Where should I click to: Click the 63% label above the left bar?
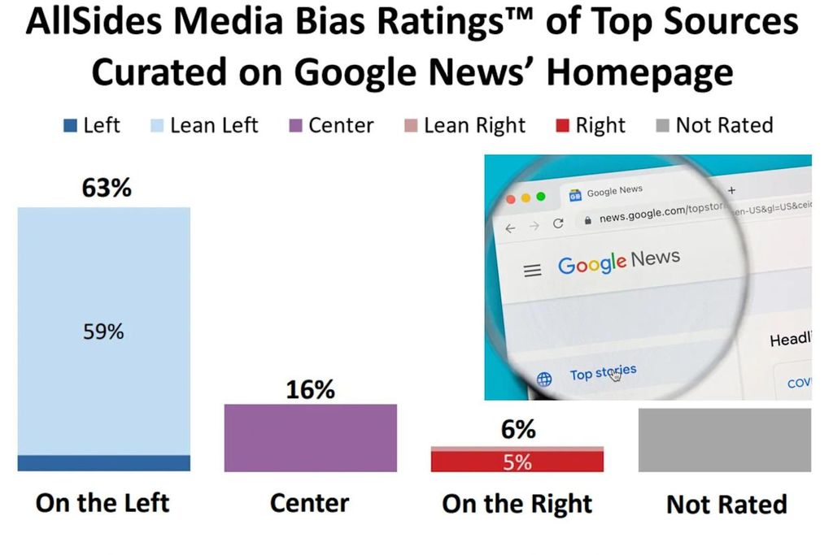tap(107, 189)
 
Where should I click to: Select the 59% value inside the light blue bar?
tap(103, 332)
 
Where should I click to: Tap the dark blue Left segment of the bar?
tap(103, 463)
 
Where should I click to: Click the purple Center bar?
tap(311, 438)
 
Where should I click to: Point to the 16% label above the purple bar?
tap(311, 390)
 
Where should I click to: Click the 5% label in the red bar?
tap(517, 462)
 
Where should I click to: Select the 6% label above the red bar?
tap(517, 430)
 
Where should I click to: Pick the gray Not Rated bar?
tap(724, 440)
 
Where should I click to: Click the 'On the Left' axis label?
tap(103, 503)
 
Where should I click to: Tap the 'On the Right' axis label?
tap(517, 504)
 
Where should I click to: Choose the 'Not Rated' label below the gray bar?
tap(726, 505)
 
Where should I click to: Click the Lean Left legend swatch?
tap(157, 126)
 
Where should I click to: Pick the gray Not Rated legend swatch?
tap(661, 126)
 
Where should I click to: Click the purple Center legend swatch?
tap(295, 126)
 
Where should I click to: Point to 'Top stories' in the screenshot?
tap(603, 373)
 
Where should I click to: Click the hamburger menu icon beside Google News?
tap(532, 271)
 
